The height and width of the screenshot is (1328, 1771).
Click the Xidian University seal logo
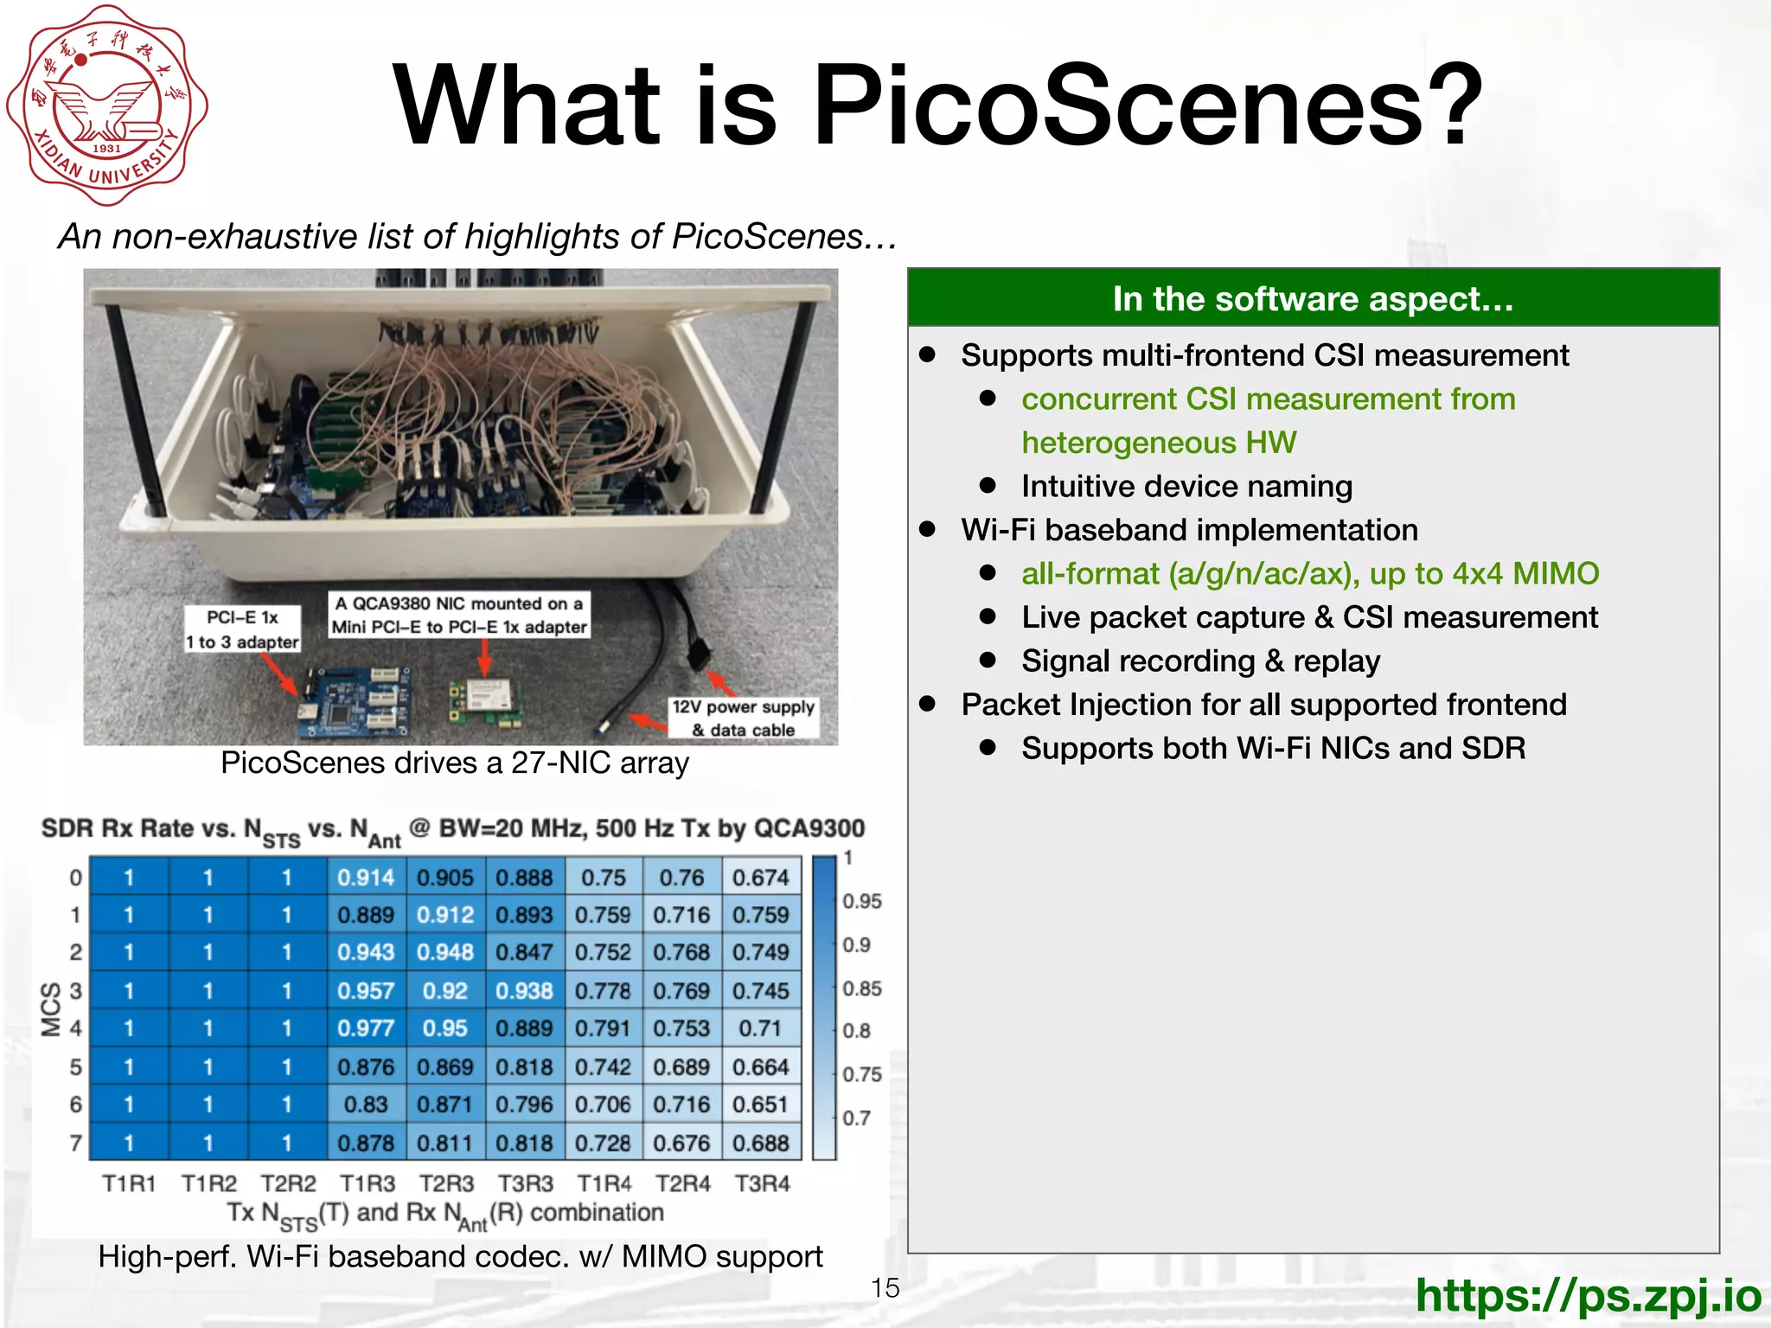coord(107,105)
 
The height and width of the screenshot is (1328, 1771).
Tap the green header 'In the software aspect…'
coord(1313,299)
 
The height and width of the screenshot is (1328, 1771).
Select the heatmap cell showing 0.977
coord(366,1028)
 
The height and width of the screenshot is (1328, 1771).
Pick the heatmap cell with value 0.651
coord(760,1104)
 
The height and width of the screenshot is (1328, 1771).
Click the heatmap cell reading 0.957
coord(366,990)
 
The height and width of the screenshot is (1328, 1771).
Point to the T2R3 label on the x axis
coord(446,1183)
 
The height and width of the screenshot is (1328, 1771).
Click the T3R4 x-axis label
coord(762,1183)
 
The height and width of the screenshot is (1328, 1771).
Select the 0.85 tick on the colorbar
coord(862,988)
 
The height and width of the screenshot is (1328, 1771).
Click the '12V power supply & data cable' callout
coord(743,718)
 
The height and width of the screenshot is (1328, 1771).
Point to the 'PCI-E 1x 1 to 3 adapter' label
coord(242,629)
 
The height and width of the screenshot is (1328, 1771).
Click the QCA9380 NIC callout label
coord(459,615)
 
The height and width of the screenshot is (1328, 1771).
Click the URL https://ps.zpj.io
coord(1588,1294)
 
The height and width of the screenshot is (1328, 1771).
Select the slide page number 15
coord(885,1287)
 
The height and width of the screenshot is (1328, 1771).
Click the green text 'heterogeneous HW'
coord(1159,443)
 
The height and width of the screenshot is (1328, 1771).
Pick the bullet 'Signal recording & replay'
coord(1200,661)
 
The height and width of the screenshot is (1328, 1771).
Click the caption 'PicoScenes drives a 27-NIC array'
coord(455,763)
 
